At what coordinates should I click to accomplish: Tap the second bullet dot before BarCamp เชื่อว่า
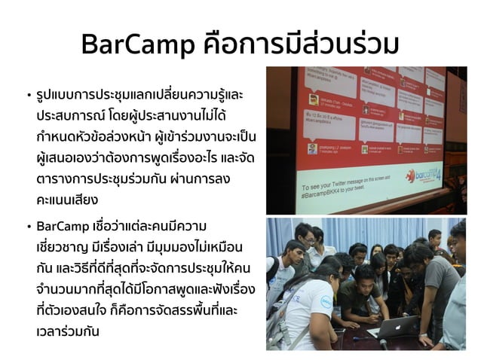tap(28, 227)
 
